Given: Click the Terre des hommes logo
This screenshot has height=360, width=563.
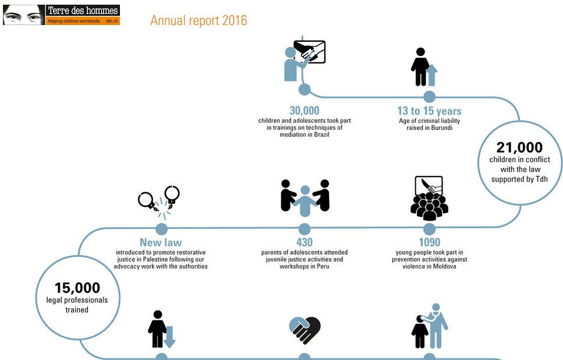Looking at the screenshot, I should point(61,15).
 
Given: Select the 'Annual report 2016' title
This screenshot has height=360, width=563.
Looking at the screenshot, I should point(199,20).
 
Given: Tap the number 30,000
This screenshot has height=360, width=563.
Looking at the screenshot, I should point(304,111).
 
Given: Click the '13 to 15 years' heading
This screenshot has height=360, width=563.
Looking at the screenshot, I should point(429,111).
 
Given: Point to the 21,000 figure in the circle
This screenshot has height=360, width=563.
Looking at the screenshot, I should point(519,147).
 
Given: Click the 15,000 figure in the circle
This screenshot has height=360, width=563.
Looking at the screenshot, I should point(77,288).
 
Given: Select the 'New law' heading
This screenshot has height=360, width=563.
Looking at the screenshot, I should point(161,242).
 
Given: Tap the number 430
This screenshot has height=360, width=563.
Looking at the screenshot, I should point(304,242).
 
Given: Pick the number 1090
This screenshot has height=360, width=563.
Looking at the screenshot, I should point(429,242).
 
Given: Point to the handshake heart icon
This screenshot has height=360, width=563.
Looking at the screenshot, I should point(304,330).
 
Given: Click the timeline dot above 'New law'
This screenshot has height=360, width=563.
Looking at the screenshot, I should point(161,229).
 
